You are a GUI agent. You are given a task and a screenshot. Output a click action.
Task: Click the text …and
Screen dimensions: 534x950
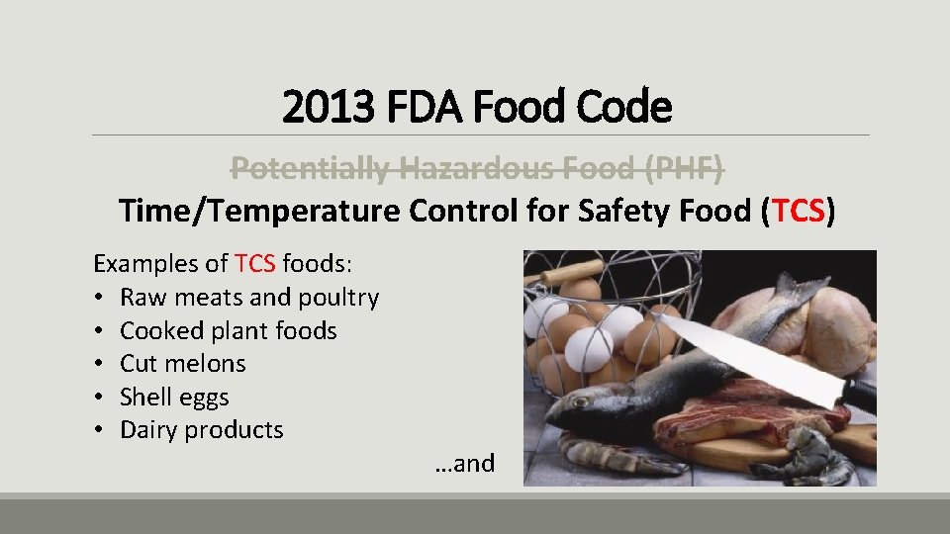tap(464, 463)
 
